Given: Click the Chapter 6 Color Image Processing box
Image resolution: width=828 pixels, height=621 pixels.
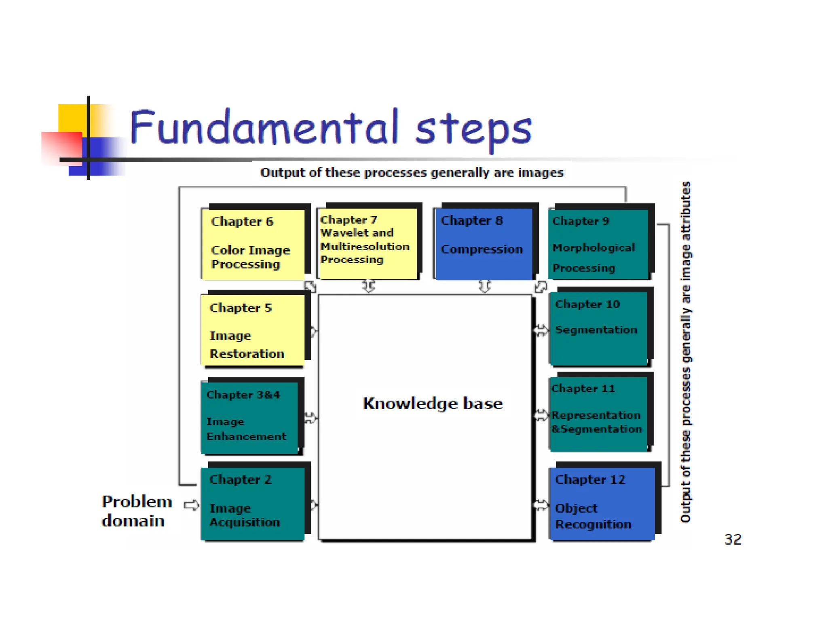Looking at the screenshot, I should pos(253,244).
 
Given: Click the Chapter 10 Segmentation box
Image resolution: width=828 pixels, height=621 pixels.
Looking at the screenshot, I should pos(598,327).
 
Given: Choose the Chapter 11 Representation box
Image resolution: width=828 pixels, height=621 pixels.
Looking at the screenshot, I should pos(598,414).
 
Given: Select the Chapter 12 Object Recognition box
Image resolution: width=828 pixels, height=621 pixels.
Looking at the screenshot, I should pos(602,503).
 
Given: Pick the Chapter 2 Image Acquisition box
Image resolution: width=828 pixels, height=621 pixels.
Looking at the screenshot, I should pos(253,503).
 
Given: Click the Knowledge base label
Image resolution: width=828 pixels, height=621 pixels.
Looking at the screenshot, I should pos(433,403).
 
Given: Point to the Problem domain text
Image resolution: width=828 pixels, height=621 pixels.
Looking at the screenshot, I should pos(136,511).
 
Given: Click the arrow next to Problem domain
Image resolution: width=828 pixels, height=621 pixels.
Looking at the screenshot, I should pos(191,505).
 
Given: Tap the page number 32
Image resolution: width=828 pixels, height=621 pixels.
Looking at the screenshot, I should pos(733,539).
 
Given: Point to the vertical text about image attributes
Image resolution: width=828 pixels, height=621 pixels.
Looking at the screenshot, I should pos(686,352).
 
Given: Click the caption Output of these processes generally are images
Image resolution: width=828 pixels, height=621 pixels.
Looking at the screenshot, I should pos(412,173).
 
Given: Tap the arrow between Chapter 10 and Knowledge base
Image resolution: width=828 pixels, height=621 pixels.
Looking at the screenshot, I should pos(541,330).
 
